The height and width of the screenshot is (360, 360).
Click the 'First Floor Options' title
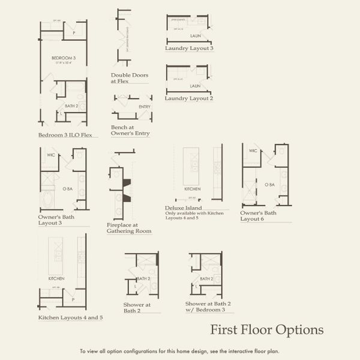tap(266, 330)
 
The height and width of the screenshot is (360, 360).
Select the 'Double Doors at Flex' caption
tap(130, 79)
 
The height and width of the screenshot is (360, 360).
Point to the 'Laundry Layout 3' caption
tap(189, 47)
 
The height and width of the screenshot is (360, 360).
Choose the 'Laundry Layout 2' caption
tap(189, 98)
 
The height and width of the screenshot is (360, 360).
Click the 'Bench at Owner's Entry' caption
tap(130, 130)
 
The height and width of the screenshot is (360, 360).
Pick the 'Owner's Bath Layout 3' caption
tap(56, 220)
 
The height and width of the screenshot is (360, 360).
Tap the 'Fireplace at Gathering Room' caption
tap(129, 227)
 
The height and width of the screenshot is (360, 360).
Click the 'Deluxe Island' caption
tap(182, 208)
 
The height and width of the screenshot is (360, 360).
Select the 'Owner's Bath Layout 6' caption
tap(259, 216)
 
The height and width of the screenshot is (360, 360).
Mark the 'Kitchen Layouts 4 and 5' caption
tap(70, 317)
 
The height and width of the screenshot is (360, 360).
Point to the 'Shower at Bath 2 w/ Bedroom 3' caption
tap(208, 307)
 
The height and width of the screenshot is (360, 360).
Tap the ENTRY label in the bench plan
tap(145, 107)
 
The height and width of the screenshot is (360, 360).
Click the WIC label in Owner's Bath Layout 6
tap(253, 151)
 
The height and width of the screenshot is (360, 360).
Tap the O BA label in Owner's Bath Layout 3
tap(67, 188)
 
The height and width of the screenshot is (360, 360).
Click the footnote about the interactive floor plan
tap(180, 351)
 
